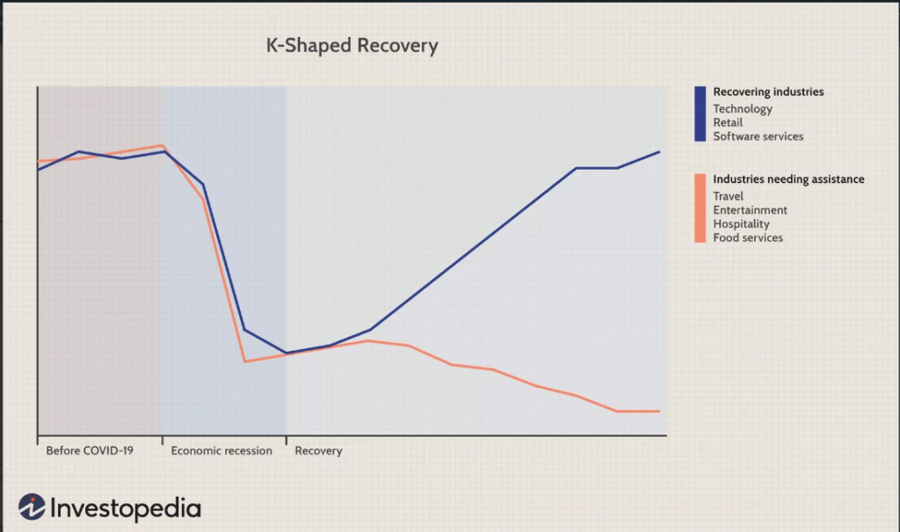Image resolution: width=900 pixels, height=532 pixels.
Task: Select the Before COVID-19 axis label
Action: coord(90,451)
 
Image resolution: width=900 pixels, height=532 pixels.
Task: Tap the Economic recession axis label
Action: coord(221,451)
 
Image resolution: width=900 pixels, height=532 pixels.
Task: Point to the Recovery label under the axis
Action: coord(318,451)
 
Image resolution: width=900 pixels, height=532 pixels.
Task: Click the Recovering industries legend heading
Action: coord(768,91)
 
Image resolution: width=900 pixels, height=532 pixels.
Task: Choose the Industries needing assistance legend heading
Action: coord(788,179)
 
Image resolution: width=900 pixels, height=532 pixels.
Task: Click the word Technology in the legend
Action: coord(743,109)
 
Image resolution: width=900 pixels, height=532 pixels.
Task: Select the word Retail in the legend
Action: coord(728,123)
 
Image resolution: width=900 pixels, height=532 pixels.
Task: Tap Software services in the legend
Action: coord(758,136)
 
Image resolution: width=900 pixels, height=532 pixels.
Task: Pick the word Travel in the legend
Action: coord(728,197)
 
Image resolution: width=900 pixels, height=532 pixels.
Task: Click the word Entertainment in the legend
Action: coord(750,210)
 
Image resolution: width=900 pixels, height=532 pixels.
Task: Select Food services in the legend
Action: coord(748,237)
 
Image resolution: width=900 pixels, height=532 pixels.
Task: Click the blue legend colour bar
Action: coord(700,113)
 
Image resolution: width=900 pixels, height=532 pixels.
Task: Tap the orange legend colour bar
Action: coord(700,208)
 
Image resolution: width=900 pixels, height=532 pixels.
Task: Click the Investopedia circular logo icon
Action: coord(32,506)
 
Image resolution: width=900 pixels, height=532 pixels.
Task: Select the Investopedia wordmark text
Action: coord(126,508)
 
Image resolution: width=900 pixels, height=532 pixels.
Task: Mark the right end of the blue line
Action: coord(659,152)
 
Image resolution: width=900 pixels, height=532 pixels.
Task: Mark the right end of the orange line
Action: coord(658,411)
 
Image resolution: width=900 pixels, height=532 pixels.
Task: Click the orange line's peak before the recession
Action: coord(163,146)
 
